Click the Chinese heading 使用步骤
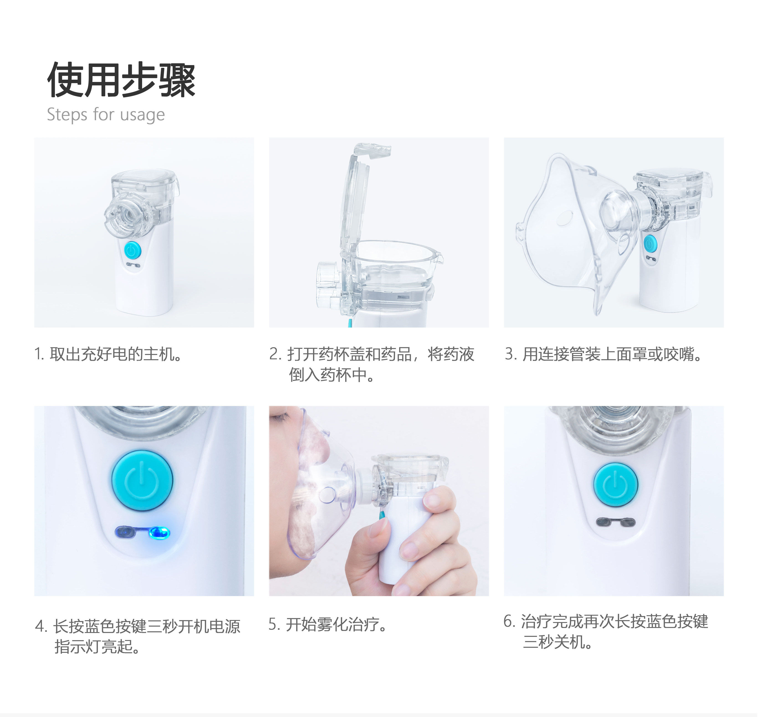(x=121, y=79)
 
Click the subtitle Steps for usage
(x=106, y=115)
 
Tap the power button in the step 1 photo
(x=133, y=250)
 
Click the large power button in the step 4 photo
(x=142, y=480)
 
